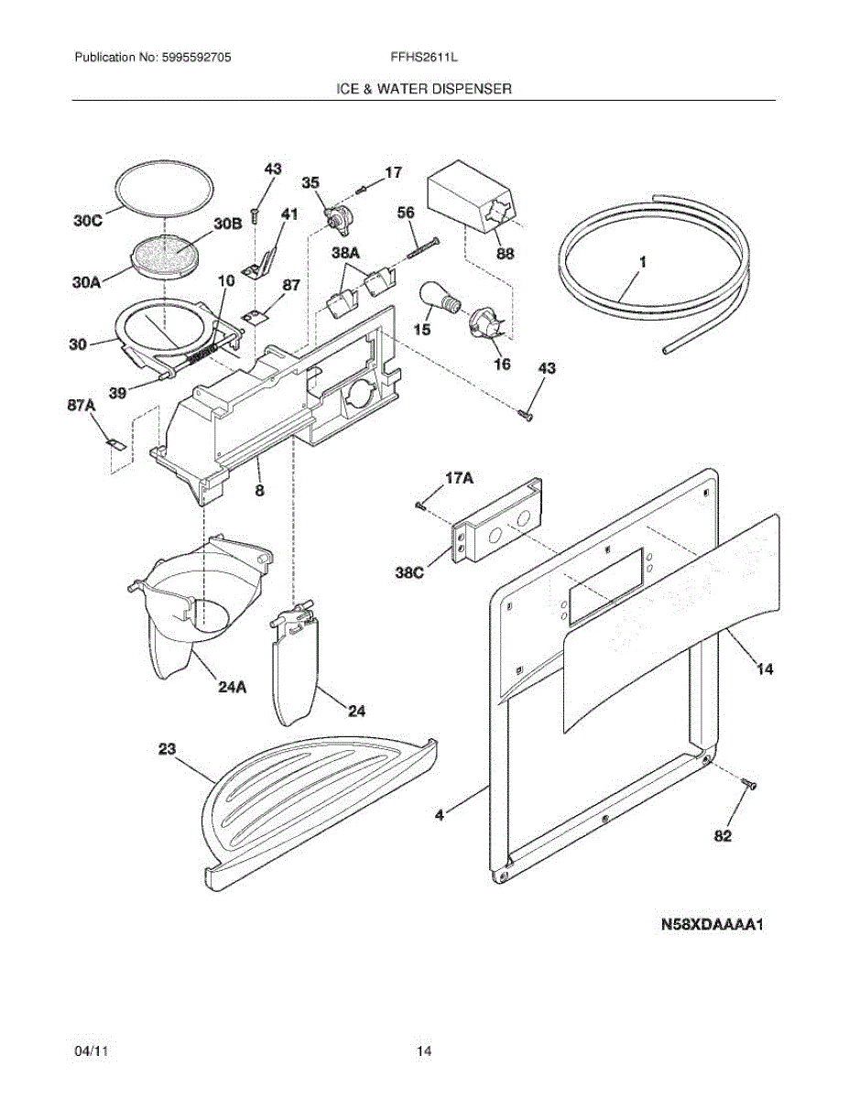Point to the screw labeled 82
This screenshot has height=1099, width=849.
click(x=750, y=784)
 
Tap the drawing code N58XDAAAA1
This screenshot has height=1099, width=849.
click(x=713, y=925)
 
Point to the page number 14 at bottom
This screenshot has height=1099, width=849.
click(x=423, y=1052)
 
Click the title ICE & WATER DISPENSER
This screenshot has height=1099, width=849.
click(x=423, y=89)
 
